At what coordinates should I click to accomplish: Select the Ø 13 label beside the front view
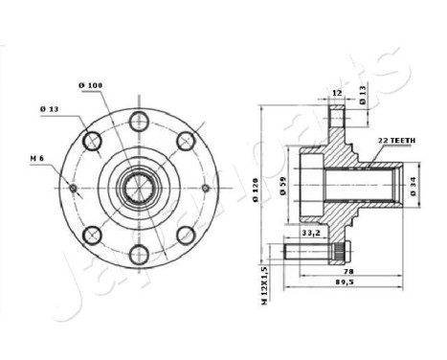point(50,108)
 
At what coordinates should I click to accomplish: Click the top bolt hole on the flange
point(139,120)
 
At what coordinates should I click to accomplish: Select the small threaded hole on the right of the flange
point(204,187)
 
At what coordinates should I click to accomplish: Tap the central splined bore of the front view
point(139,187)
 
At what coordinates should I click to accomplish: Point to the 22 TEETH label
point(395,140)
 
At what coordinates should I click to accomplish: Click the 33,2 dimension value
point(310,233)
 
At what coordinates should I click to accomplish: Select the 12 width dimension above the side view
point(336,93)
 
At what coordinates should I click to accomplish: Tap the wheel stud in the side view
point(312,253)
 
